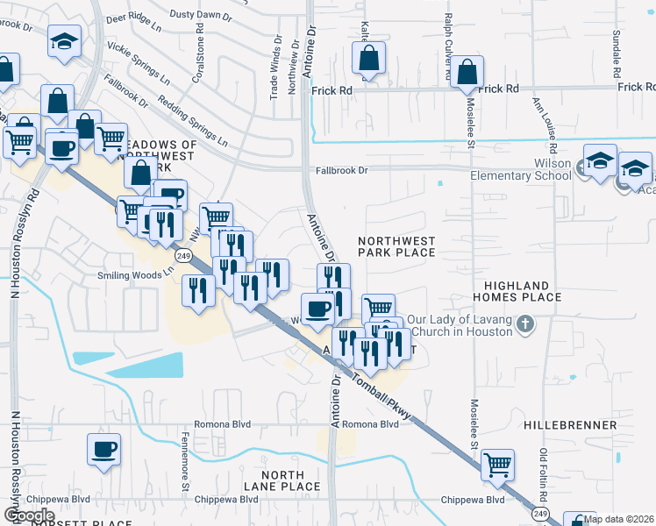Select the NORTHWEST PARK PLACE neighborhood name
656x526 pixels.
coord(396,245)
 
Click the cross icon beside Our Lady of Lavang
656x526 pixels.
coord(525,324)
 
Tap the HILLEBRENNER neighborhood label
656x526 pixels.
coord(570,424)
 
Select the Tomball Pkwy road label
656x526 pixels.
coord(384,391)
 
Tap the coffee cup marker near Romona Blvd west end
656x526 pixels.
coord(103,451)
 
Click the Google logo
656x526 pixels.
coord(28,515)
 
